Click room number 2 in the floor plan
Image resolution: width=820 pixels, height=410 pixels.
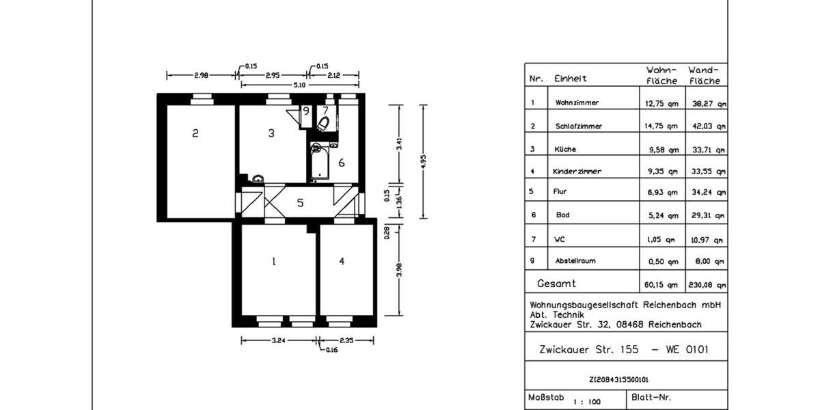(x=195, y=133)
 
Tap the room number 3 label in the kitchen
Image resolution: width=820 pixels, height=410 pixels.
(x=271, y=133)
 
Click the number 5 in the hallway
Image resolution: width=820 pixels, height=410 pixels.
(x=299, y=203)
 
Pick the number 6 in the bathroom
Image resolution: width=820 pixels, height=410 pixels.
(x=341, y=163)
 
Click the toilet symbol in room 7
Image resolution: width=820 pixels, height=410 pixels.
(x=323, y=123)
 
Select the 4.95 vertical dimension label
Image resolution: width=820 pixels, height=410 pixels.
(x=424, y=161)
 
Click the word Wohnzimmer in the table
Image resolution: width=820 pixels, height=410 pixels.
(x=577, y=103)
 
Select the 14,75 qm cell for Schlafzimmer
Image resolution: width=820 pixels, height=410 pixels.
(x=662, y=126)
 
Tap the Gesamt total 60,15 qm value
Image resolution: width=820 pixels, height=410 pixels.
(x=662, y=284)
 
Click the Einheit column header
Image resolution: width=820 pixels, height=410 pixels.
(x=571, y=79)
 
